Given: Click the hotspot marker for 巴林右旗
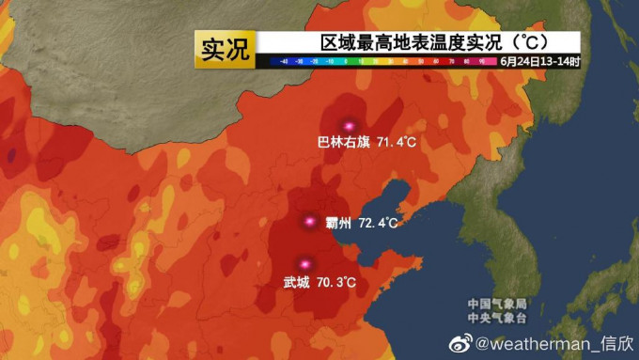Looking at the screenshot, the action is (349, 125).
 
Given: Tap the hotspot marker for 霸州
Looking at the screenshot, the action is (309, 222).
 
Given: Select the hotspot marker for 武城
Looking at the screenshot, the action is (303, 264).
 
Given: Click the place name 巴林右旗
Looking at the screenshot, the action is (344, 143).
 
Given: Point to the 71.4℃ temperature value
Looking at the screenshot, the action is (396, 143).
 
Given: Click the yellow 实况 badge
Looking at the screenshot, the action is (226, 49).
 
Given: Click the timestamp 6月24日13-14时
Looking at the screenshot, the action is (539, 61).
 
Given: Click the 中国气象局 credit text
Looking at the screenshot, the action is (498, 304).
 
